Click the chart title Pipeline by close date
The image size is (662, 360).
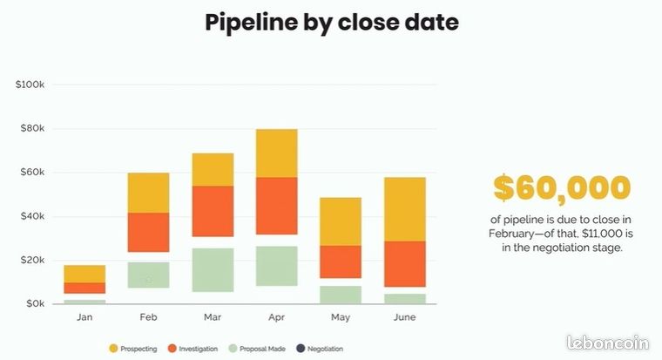pos(331,23)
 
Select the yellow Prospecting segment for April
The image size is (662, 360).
pos(276,153)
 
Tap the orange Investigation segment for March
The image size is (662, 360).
pos(213,211)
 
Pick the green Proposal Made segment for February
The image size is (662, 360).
pos(149,275)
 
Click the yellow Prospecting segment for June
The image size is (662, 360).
pos(405,209)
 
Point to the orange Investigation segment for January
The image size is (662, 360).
pos(84,288)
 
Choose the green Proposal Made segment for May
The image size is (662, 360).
pos(341,295)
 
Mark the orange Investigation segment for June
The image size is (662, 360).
pos(405,264)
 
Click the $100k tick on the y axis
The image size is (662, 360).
pos(30,85)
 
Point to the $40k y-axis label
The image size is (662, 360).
pos(32,216)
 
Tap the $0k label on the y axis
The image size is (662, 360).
pos(36,303)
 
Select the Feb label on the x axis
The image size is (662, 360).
pos(149,317)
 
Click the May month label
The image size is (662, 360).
pos(341,317)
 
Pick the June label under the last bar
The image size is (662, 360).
pos(405,317)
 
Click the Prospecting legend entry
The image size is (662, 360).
pos(133,349)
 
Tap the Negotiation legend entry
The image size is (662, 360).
pos(320,349)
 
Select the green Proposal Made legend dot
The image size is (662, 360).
pos(233,349)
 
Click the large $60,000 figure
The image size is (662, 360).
pos(562,188)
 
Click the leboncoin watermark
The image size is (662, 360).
pos(608,343)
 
